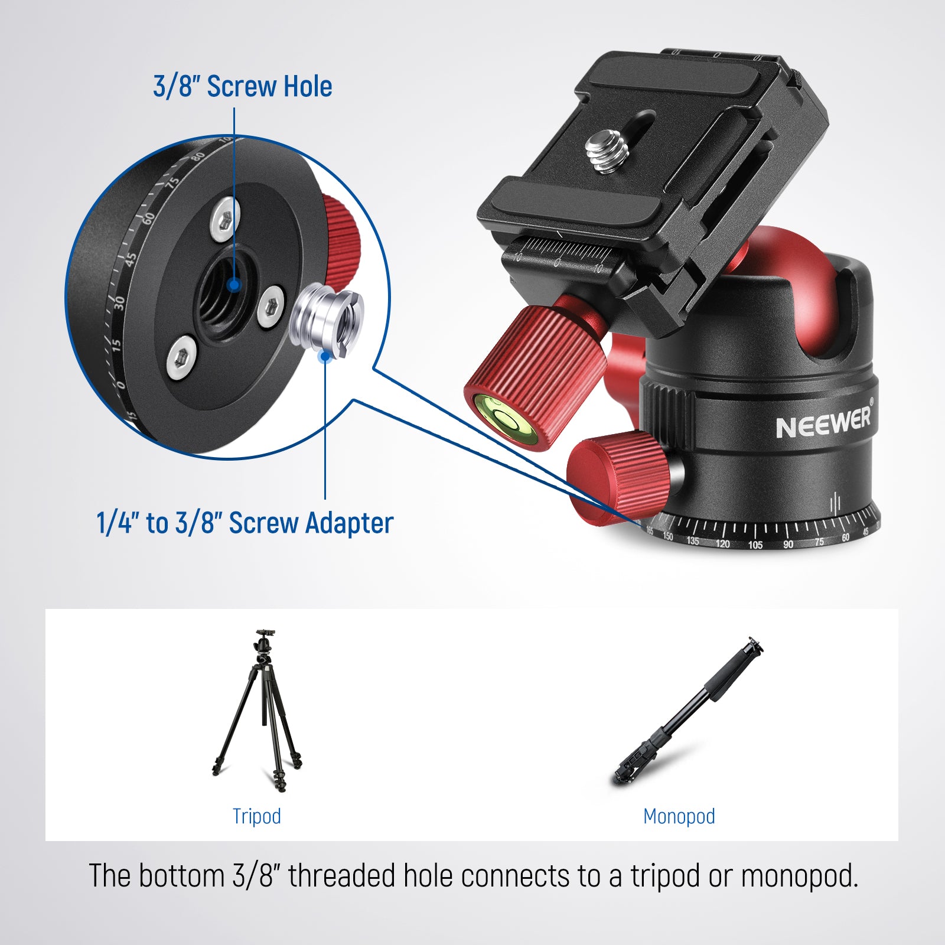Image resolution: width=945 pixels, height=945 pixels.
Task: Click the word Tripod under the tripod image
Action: [x=256, y=816]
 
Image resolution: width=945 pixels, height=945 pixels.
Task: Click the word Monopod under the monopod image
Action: [x=679, y=816]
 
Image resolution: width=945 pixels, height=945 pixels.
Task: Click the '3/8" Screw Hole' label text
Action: [x=242, y=86]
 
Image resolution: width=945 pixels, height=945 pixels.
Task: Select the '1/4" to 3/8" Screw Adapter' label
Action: [x=245, y=523]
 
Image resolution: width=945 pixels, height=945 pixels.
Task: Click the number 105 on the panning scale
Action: [x=755, y=545]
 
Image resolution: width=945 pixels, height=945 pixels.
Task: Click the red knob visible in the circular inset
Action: [x=341, y=239]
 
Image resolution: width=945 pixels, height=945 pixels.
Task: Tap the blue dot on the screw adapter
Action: [x=324, y=356]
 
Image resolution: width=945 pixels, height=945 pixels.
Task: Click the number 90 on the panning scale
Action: [x=788, y=543]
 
